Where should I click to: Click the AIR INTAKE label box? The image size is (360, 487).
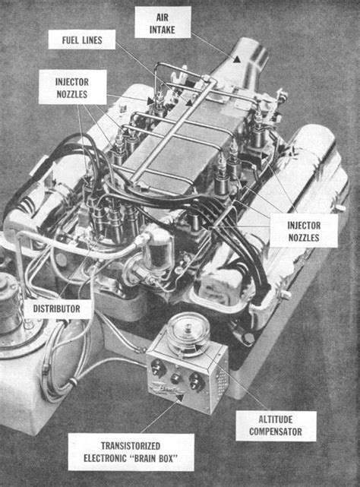(163, 22)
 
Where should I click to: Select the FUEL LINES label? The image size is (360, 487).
(82, 40)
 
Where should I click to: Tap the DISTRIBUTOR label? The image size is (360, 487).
(57, 308)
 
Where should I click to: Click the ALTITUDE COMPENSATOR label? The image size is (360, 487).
(276, 425)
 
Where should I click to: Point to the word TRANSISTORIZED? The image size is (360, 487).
(131, 446)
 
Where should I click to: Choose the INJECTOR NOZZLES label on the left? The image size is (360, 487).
(72, 87)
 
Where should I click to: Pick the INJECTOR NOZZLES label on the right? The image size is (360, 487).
(304, 231)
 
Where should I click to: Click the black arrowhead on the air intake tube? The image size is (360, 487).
(237, 59)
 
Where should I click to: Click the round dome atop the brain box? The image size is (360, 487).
(188, 333)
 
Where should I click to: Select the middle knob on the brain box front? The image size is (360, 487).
(175, 378)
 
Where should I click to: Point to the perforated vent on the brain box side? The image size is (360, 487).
(220, 380)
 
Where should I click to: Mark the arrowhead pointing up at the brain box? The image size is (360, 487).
(179, 399)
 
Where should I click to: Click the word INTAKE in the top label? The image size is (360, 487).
(163, 30)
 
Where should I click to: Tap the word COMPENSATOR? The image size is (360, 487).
(276, 432)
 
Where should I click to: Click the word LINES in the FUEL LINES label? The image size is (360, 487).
(92, 40)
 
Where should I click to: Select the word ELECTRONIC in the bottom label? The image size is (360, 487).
(106, 458)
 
